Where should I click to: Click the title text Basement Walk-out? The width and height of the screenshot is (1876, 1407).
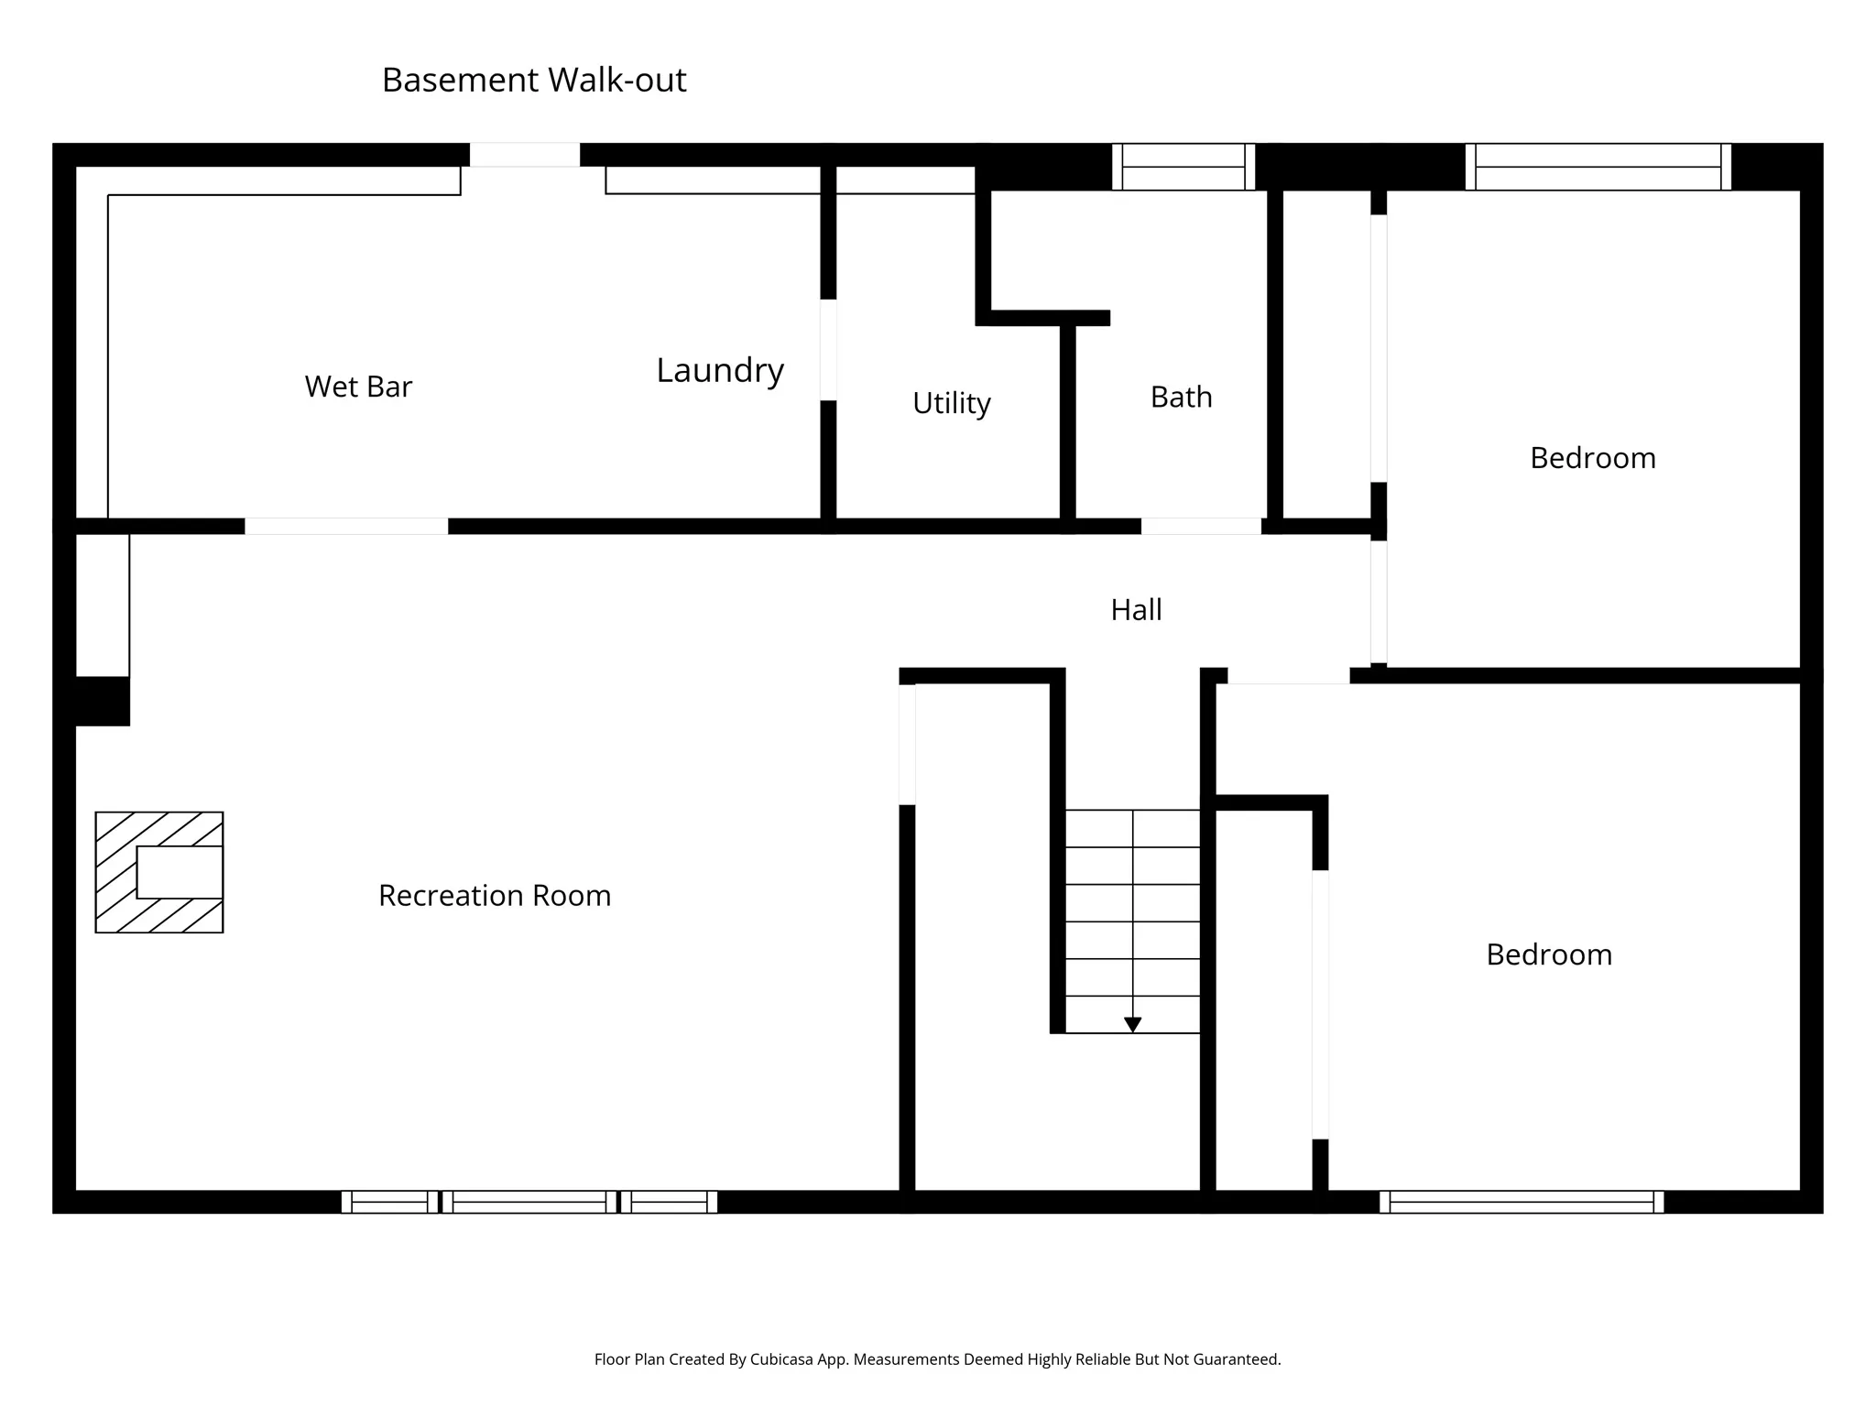click(533, 81)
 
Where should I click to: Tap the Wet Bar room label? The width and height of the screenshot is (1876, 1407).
click(358, 387)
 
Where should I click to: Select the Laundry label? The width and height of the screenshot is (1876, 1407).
click(720, 370)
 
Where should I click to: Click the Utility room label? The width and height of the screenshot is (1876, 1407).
click(951, 403)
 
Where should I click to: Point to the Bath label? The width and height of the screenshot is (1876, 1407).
click(1181, 397)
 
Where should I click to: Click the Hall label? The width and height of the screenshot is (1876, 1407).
click(1136, 609)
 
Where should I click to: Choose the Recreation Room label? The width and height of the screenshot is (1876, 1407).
click(495, 895)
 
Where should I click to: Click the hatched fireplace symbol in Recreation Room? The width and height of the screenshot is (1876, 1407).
click(159, 872)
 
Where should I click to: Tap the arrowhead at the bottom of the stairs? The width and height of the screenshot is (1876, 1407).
click(1132, 1024)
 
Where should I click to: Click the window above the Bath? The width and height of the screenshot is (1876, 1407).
click(1183, 167)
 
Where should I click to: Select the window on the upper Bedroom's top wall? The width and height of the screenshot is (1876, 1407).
click(1598, 167)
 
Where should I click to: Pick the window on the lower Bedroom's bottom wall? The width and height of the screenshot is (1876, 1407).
click(1522, 1202)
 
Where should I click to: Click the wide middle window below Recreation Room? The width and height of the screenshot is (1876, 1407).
click(529, 1202)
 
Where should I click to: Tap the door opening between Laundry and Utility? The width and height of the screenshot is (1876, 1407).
click(828, 350)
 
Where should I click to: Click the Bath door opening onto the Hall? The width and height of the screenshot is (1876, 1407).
click(1200, 527)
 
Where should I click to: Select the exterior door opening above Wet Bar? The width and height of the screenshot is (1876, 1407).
click(525, 155)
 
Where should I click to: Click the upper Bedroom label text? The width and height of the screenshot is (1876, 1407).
click(1592, 458)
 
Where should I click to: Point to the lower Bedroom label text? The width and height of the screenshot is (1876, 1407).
click(1548, 954)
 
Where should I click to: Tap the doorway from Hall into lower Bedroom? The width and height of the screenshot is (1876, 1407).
click(1288, 676)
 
